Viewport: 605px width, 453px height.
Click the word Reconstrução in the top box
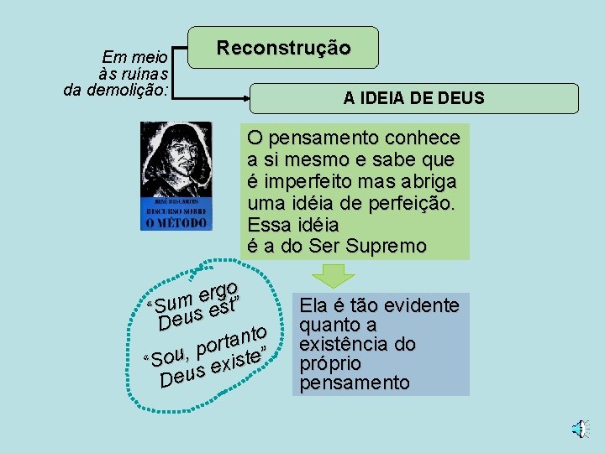(283, 47)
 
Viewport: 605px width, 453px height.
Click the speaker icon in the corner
(579, 429)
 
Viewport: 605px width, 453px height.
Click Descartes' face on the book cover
(176, 154)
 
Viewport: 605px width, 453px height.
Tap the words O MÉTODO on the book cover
(175, 222)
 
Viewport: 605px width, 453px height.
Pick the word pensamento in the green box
(315, 138)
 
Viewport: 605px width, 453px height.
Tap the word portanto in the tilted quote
(231, 338)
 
